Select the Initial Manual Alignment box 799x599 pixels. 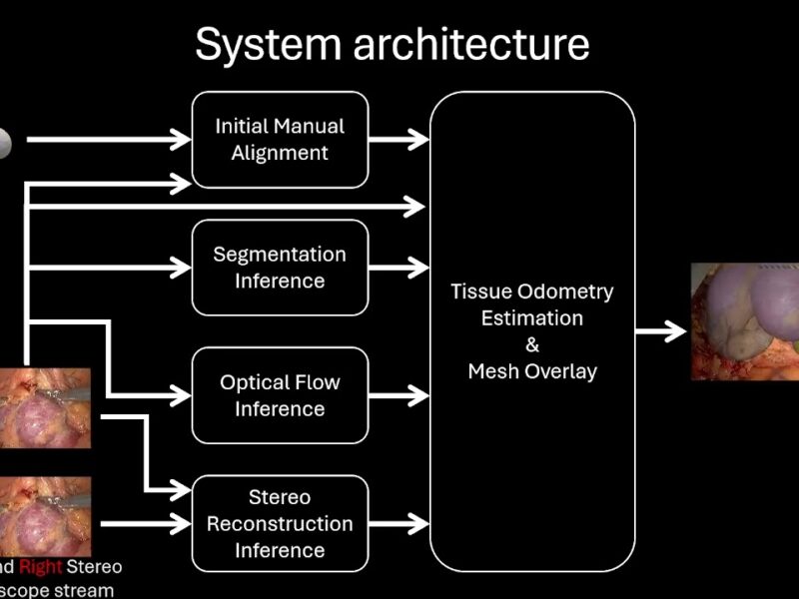tap(280, 140)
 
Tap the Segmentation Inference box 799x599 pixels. tap(280, 268)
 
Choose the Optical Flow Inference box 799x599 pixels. tap(280, 395)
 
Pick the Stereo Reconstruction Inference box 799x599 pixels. tap(280, 523)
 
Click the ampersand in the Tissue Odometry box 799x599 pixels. tap(532, 345)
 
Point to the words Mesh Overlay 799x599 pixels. tap(532, 371)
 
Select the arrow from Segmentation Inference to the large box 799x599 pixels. tap(399, 268)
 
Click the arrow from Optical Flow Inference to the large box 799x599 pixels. tap(399, 395)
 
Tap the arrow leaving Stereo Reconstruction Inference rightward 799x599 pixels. tap(399, 523)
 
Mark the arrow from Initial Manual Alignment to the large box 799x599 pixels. tap(399, 140)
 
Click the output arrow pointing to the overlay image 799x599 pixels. tap(661, 332)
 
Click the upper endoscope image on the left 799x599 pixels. tap(45, 407)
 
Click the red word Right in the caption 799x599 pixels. tap(40, 567)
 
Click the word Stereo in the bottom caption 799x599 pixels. tap(95, 567)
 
